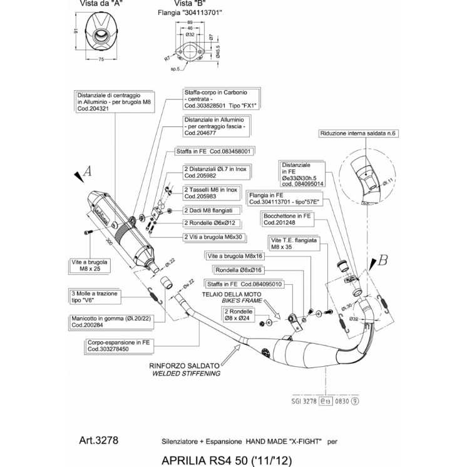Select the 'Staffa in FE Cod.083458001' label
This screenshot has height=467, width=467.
pyautogui.click(x=213, y=151)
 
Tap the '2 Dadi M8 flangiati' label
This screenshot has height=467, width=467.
pyautogui.click(x=208, y=210)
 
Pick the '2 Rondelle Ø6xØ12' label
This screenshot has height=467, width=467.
pyautogui.click(x=210, y=223)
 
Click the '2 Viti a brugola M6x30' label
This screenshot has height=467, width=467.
pyautogui.click(x=213, y=238)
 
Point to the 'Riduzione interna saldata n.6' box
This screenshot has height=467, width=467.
pyautogui.click(x=358, y=134)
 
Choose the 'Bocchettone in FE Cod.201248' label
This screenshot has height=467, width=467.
pyautogui.click(x=287, y=219)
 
